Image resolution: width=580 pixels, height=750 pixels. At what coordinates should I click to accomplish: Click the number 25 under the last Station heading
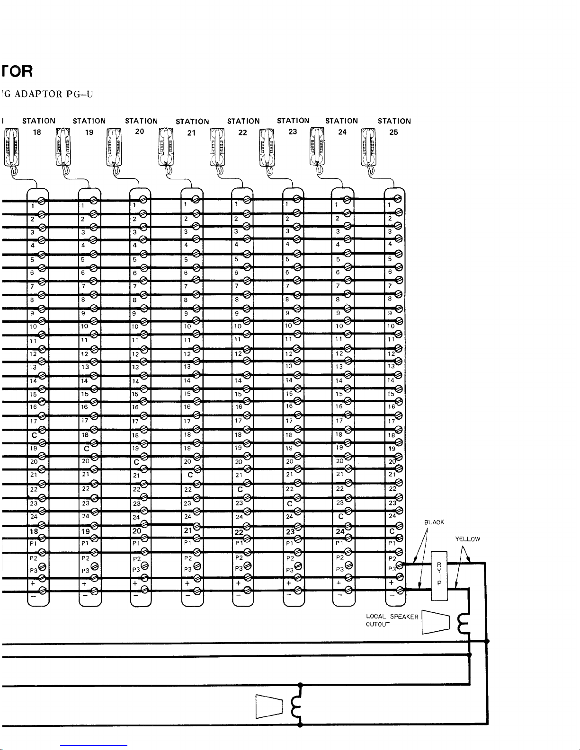[393, 132]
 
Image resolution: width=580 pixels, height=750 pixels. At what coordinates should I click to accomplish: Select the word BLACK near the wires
[434, 522]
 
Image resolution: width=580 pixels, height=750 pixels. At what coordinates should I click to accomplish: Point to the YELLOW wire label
[468, 539]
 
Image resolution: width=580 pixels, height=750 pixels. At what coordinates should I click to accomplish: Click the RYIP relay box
[440, 575]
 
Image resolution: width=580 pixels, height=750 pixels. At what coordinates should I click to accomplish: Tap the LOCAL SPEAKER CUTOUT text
[392, 620]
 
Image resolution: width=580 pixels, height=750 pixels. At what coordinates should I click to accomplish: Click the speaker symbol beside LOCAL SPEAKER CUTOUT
[435, 622]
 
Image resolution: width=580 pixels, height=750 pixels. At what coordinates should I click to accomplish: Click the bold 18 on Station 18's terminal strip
[34, 531]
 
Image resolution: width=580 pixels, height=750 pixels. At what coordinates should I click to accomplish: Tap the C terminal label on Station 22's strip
[241, 489]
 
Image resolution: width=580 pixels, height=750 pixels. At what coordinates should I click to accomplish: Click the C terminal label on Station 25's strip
[392, 531]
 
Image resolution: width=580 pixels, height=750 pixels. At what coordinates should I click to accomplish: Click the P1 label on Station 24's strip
[339, 543]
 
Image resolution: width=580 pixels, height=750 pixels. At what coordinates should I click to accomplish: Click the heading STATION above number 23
[293, 121]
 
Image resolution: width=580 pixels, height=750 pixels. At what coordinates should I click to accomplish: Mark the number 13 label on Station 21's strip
[187, 366]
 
